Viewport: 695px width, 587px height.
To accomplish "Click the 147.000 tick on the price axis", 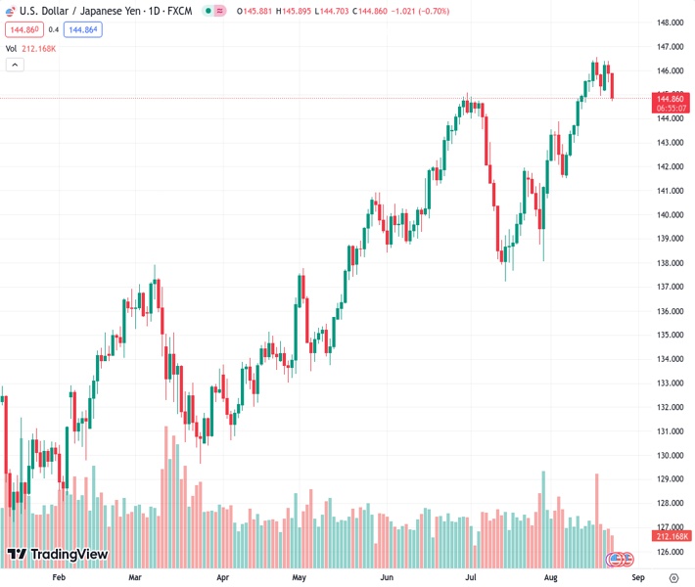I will click(x=670, y=47).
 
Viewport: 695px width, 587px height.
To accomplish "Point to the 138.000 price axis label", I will click(x=670, y=263).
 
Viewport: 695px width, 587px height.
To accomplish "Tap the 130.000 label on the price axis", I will click(x=670, y=455).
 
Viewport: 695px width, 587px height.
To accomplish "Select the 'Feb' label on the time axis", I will click(x=59, y=578).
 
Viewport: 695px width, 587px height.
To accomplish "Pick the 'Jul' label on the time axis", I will click(x=470, y=578).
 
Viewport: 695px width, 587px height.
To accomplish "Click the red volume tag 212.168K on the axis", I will click(x=672, y=536).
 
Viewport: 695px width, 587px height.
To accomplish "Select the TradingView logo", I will click(x=57, y=555).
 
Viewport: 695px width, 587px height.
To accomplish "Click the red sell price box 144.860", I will click(x=23, y=29).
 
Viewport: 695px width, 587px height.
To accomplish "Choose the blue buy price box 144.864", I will click(x=83, y=29).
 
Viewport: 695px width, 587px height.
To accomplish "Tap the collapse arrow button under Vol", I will click(x=15, y=65).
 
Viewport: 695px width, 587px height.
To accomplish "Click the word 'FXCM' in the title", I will click(x=178, y=10).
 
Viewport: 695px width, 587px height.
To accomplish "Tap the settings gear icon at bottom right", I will click(x=672, y=578).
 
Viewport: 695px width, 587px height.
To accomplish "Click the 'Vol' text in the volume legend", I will click(x=11, y=48).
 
